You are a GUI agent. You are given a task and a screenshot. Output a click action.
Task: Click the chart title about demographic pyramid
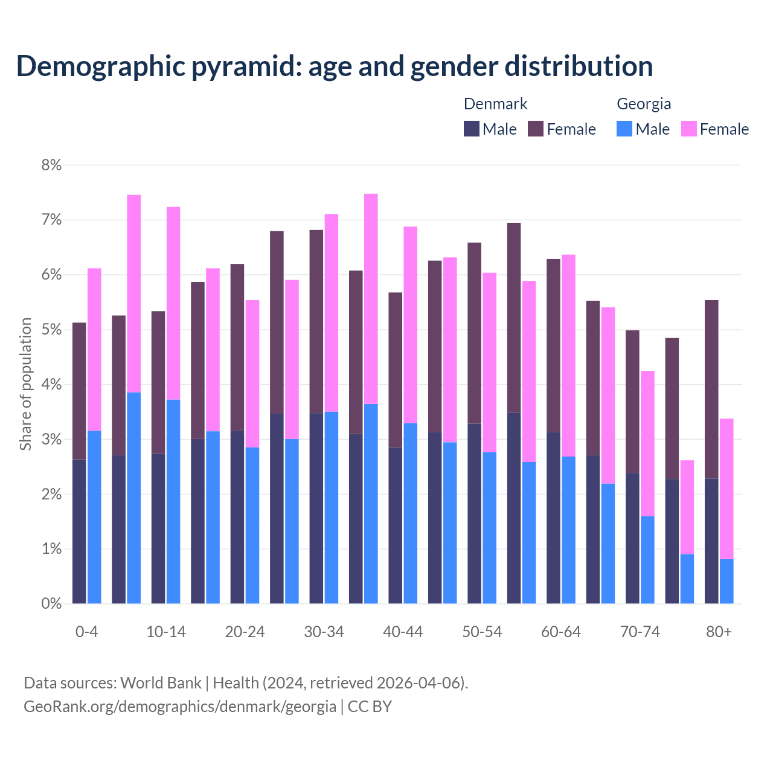click(335, 66)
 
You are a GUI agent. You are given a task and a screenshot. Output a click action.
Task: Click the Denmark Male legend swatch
click(472, 129)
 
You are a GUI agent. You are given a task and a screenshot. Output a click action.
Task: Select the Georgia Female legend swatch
click(688, 129)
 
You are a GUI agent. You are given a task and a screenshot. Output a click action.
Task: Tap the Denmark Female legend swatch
click(536, 129)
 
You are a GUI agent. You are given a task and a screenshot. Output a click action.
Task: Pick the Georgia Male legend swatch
click(624, 129)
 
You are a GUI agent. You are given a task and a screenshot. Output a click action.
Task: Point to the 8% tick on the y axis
click(51, 165)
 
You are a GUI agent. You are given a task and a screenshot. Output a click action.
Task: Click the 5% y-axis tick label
click(51, 330)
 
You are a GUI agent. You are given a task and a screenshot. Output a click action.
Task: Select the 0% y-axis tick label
click(51, 603)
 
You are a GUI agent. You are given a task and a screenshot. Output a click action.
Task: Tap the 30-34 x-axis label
click(324, 632)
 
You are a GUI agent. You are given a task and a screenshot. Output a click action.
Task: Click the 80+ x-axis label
click(719, 632)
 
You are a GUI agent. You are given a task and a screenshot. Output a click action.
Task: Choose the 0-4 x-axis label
click(86, 632)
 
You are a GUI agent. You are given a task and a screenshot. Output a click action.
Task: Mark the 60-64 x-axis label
click(561, 632)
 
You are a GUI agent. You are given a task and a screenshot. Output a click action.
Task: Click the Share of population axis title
click(26, 384)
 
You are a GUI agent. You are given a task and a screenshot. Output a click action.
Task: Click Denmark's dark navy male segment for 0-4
click(79, 531)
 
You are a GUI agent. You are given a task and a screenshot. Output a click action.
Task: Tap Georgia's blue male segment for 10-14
click(173, 501)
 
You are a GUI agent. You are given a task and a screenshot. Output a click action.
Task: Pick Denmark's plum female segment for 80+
click(711, 389)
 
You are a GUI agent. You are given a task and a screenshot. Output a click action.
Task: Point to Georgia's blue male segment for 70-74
click(647, 560)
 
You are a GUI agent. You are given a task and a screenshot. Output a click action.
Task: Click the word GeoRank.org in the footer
click(67, 706)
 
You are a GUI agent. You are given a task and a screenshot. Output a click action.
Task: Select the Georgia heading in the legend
click(644, 104)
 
